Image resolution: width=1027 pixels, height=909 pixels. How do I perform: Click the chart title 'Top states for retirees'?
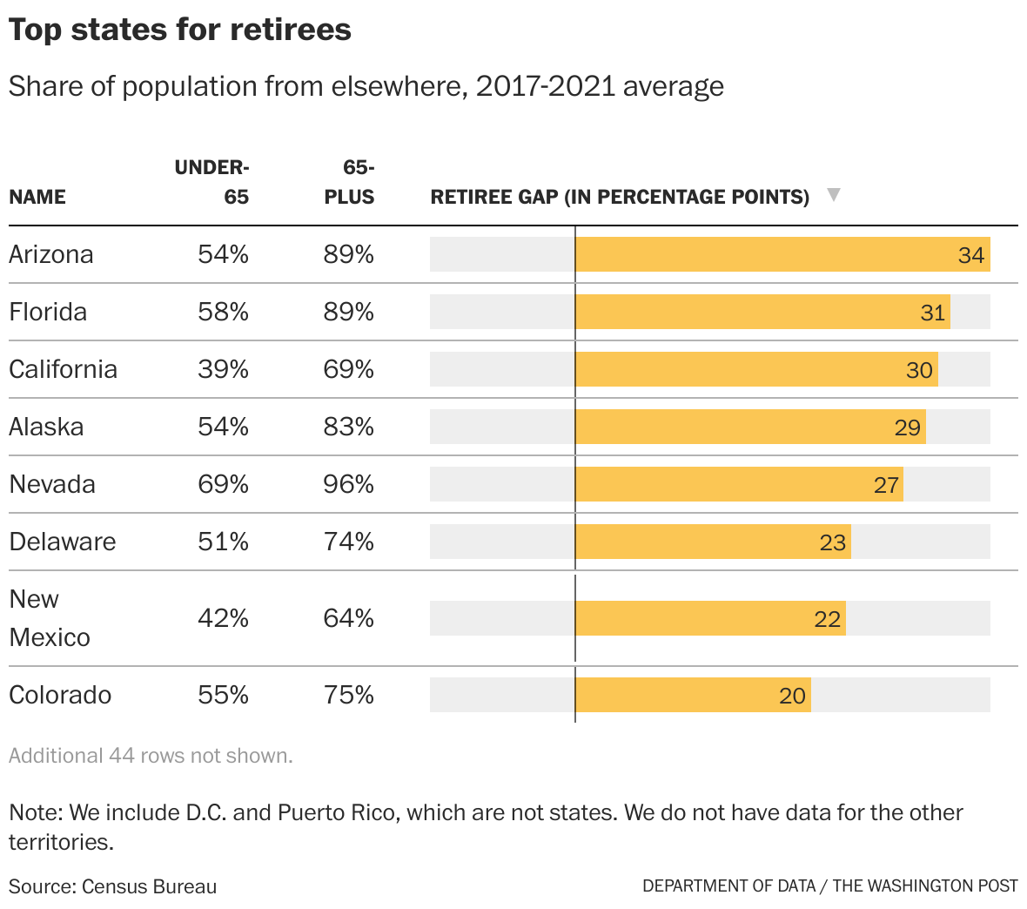[x=180, y=30]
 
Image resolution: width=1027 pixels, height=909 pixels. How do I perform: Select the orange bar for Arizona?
[x=782, y=254]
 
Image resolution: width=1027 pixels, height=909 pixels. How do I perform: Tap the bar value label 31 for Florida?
[x=932, y=313]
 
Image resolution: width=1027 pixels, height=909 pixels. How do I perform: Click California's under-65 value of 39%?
[x=223, y=369]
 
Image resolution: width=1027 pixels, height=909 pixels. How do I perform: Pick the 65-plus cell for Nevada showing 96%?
[x=348, y=484]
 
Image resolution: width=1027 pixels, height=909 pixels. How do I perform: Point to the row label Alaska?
[x=46, y=427]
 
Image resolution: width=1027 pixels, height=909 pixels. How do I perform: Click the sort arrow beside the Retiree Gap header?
[x=833, y=195]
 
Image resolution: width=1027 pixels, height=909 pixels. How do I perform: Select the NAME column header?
[x=37, y=197]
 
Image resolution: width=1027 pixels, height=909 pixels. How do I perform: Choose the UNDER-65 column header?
[x=213, y=181]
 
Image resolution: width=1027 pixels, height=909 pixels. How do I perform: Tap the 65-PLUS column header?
[x=350, y=181]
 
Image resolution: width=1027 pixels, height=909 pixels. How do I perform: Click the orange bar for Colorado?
[x=692, y=695]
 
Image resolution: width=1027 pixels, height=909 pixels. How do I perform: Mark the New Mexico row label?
[x=49, y=618]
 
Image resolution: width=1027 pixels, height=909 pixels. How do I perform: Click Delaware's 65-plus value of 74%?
[x=348, y=542]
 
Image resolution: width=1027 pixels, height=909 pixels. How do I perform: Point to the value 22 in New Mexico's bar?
[x=827, y=619]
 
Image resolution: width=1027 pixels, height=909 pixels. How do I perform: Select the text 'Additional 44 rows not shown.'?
[x=151, y=756]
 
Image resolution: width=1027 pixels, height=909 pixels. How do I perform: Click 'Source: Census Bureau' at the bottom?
[x=112, y=886]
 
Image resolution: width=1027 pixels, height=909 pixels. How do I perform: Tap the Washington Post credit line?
[x=829, y=886]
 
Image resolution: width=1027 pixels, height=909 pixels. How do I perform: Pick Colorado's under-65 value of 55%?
[x=223, y=695]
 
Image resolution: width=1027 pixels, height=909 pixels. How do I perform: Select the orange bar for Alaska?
[x=749, y=427]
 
